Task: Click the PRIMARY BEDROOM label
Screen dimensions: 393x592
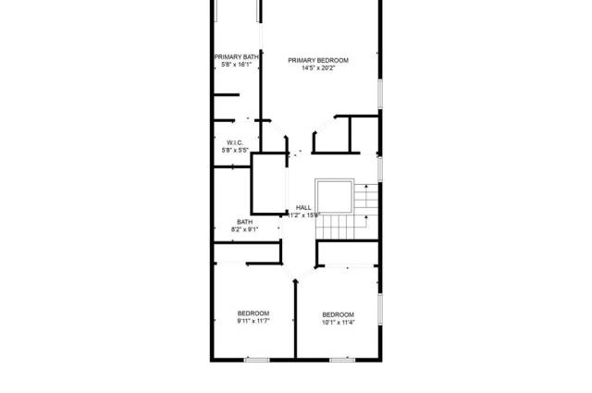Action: [319, 61]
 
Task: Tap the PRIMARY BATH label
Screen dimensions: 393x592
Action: [237, 57]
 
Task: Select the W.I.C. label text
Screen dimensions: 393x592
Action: [234, 142]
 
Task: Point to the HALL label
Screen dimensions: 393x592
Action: [303, 207]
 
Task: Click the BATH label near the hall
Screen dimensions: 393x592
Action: [244, 222]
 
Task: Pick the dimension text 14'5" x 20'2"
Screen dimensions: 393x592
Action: [319, 68]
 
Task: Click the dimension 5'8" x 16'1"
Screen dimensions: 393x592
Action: [237, 65]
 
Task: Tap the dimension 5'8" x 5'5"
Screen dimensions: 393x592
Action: [234, 150]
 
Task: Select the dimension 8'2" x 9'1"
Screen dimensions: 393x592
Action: [244, 229]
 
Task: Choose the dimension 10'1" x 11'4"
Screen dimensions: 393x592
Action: [339, 323]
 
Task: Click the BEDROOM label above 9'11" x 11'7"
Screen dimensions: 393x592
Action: [253, 312]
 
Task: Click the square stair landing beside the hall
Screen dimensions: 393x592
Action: [334, 196]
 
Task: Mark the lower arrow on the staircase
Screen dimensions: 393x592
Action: [368, 218]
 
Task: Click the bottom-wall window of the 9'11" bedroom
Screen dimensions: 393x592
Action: [256, 359]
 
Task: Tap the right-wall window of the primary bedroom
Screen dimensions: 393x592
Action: [379, 92]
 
